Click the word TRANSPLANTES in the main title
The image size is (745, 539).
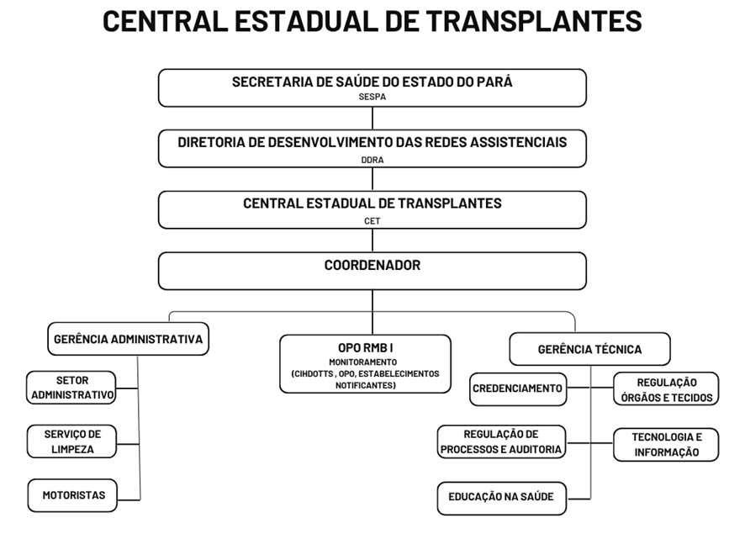[x=534, y=21]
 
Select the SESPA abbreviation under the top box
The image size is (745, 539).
[x=372, y=97]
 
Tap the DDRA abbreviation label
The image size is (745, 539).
[x=372, y=160]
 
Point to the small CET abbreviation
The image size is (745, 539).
[x=372, y=221]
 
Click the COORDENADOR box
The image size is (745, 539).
[x=372, y=271]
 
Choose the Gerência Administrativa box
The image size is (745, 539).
[x=129, y=339]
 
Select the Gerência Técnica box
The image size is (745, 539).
[x=589, y=349]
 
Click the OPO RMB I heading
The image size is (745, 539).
[x=366, y=348]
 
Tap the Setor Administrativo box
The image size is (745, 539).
[x=71, y=388]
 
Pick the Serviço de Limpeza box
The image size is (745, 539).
[x=71, y=441]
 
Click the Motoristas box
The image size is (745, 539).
[x=72, y=495]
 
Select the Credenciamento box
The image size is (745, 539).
[x=518, y=388]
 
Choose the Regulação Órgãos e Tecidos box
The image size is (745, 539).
[x=666, y=388]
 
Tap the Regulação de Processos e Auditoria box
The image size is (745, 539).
[x=501, y=441]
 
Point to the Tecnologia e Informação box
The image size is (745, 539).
[x=666, y=445]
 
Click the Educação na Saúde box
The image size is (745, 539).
[x=502, y=498]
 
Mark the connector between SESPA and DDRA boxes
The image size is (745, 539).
[x=372, y=118]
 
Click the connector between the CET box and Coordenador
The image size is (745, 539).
[x=372, y=240]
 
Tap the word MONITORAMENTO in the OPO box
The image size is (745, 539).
[x=363, y=362]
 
